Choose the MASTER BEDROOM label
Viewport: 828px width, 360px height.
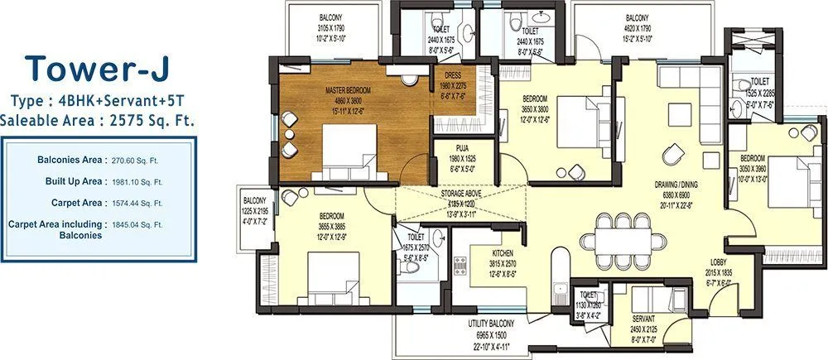click(x=347, y=89)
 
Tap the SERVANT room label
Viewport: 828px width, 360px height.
click(x=643, y=318)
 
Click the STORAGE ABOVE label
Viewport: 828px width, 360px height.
click(x=463, y=192)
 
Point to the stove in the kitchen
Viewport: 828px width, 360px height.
click(x=460, y=268)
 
